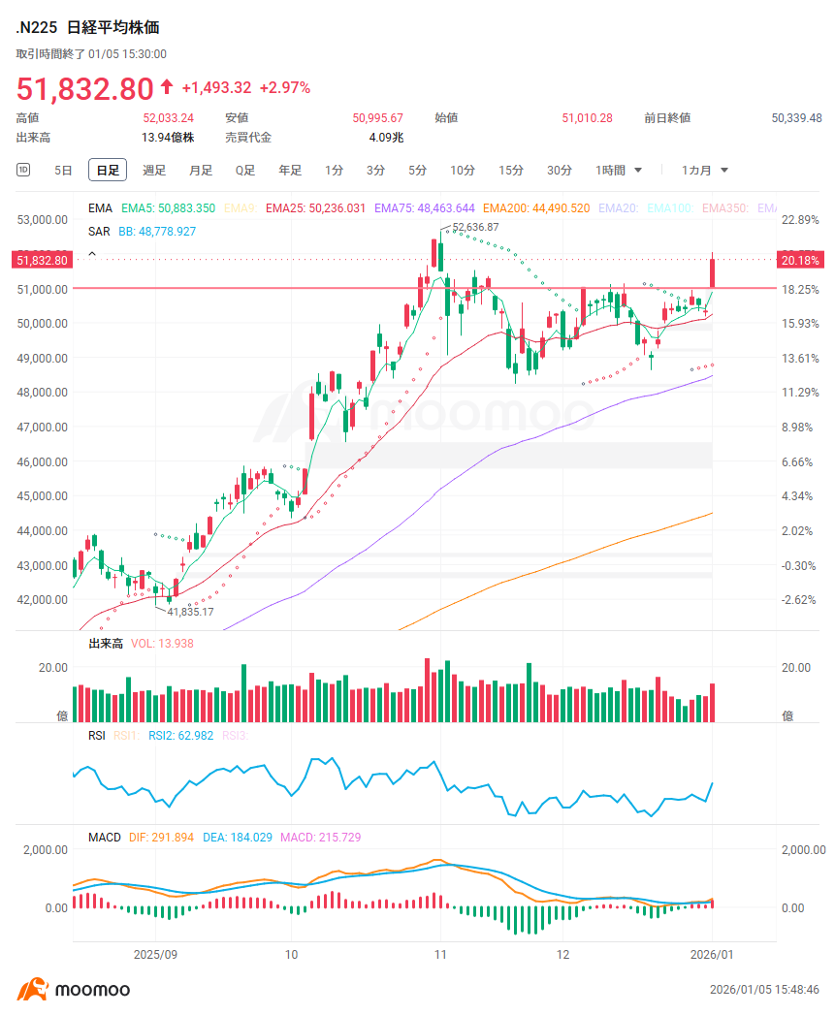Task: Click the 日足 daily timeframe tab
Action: (108, 171)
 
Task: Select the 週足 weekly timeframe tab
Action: (154, 171)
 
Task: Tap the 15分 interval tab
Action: (511, 171)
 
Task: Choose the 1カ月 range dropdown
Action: (704, 171)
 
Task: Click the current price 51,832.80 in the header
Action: (84, 88)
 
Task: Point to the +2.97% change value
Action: (286, 88)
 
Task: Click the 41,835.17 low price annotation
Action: (190, 613)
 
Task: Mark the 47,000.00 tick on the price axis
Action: (43, 428)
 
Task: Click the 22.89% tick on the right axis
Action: (800, 220)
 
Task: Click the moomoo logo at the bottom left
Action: (74, 990)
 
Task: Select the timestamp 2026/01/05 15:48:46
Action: (764, 990)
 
